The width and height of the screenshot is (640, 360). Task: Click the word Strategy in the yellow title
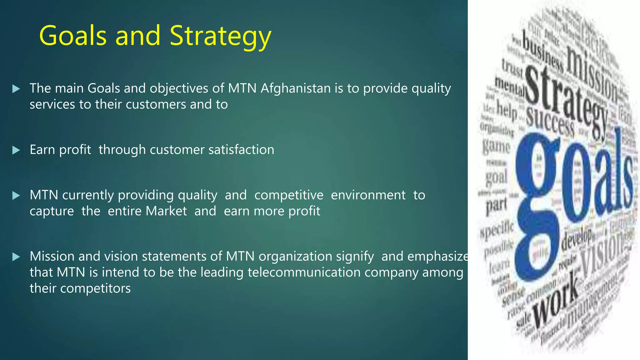coord(220,36)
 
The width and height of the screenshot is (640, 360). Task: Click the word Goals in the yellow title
coord(73,36)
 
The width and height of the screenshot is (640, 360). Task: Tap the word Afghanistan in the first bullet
coord(296,88)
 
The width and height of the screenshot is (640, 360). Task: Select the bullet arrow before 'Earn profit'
coord(16,150)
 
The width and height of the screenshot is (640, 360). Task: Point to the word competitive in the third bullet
coord(289,195)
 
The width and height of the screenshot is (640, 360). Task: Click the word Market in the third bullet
coord(166,211)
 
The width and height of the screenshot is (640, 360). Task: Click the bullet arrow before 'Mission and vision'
coord(16,257)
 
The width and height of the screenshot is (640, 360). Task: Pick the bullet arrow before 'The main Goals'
coord(16,89)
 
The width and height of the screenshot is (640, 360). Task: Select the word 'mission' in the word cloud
coord(591,72)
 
